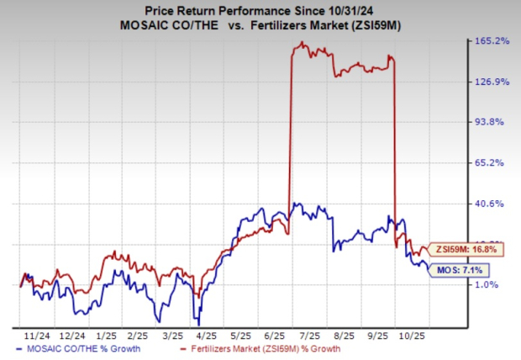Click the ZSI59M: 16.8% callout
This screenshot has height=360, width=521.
coord(466,249)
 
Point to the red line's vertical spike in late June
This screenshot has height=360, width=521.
coord(290,135)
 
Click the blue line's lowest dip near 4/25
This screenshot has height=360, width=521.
coord(197,322)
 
